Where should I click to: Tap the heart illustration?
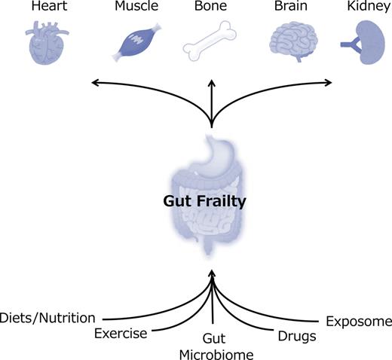[47, 42]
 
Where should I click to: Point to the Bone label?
[211, 7]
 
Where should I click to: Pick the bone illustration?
[211, 42]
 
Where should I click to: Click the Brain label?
[291, 7]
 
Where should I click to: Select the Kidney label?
[366, 7]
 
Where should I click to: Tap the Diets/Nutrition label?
[48, 317]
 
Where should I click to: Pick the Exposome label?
[358, 322]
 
